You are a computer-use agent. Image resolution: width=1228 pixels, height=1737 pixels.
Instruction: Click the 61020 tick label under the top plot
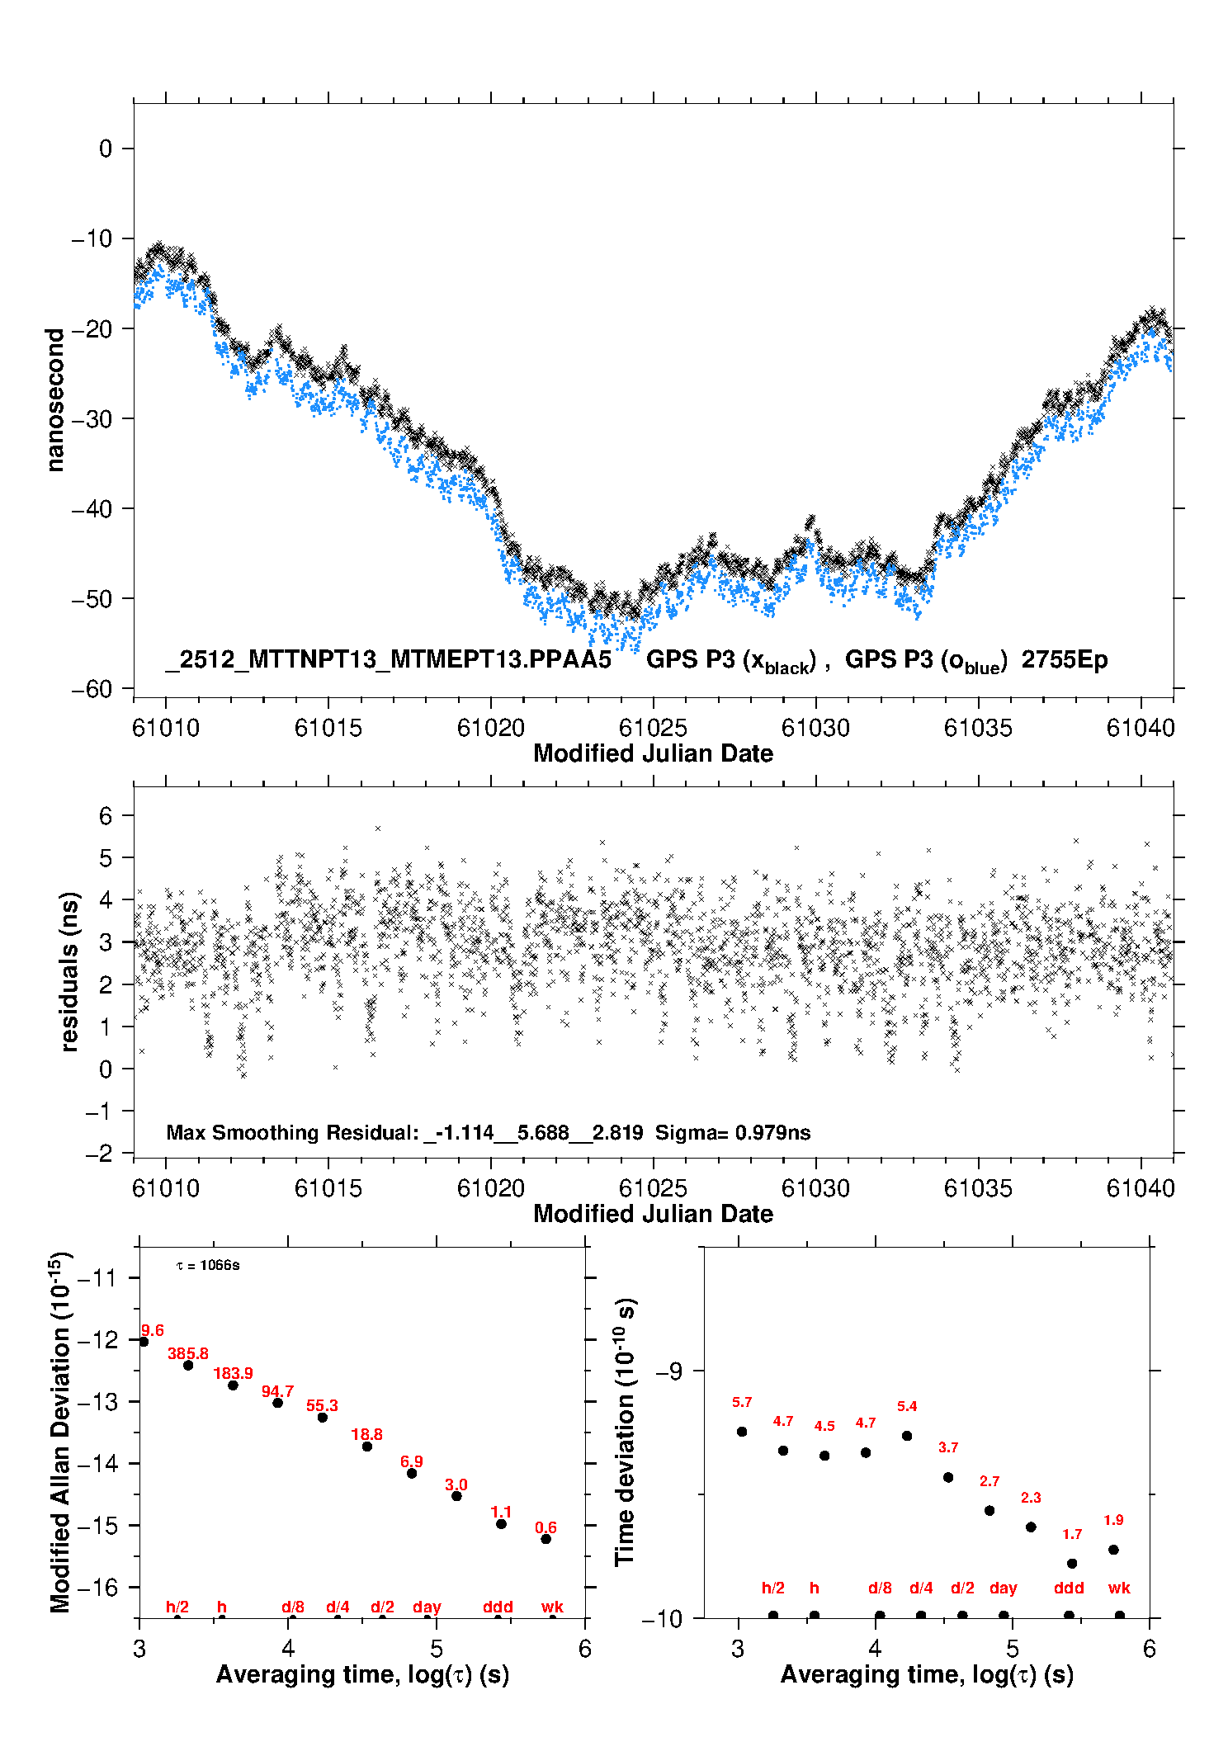pos(491,728)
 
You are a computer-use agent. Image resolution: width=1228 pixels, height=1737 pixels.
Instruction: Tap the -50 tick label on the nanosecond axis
pos(92,599)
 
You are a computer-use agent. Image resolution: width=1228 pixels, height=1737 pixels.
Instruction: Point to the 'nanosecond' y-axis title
pos(55,400)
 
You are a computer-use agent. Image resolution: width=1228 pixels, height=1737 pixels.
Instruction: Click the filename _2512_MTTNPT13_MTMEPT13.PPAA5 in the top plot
pos(388,660)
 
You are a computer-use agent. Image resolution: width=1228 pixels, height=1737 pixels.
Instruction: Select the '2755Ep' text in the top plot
pos(1064,660)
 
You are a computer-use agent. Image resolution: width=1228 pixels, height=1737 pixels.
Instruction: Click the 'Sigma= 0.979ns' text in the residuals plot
pos(733,1133)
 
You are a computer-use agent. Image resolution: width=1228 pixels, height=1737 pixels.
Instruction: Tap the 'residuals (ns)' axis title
pos(70,971)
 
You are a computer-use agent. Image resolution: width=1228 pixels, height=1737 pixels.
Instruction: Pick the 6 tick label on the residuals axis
pos(105,816)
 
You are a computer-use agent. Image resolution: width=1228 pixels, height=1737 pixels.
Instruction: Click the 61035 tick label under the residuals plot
pos(978,1188)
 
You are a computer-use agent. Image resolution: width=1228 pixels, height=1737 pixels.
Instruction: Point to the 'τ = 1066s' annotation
pos(208,1265)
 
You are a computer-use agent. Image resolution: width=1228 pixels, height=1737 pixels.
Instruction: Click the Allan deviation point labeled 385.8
pos(188,1365)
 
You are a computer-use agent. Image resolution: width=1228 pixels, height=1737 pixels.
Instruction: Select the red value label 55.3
pos(322,1405)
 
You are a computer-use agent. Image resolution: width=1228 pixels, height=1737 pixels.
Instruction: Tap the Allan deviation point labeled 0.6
pos(546,1539)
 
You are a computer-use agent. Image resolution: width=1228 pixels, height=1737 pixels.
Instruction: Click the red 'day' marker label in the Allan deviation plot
pos(427,1607)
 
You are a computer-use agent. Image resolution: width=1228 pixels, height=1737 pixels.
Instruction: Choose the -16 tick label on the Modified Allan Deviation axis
pos(97,1587)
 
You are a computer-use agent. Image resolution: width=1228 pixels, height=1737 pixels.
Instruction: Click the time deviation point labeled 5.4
pos(907,1436)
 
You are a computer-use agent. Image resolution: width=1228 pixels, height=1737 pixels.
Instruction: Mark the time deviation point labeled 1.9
pos(1113,1550)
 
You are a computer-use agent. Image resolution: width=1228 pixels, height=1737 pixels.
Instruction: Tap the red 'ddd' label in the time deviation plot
pos(1069,1588)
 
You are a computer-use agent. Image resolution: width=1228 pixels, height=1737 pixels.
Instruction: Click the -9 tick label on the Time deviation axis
pos(669,1371)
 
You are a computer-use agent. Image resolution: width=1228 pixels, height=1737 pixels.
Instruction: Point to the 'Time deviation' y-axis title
pos(626,1432)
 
